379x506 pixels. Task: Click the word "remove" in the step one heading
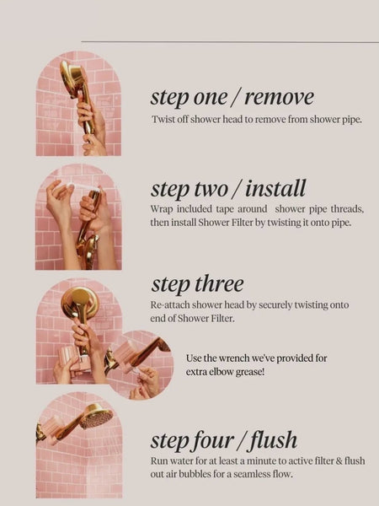click(x=279, y=97)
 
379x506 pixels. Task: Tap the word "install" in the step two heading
click(x=275, y=188)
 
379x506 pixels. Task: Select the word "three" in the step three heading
click(x=219, y=283)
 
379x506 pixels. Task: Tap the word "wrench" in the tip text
click(x=234, y=358)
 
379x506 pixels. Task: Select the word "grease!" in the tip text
click(x=250, y=372)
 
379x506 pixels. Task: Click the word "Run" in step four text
click(x=157, y=460)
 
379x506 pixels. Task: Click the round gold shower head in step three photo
click(x=79, y=303)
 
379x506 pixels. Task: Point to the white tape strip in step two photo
click(x=83, y=186)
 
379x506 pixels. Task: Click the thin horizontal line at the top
click(x=230, y=41)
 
